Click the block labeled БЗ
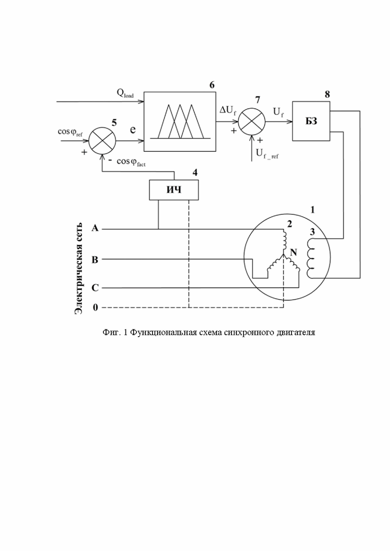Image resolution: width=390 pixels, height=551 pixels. click(311, 121)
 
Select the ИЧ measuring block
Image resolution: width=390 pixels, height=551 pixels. click(173, 190)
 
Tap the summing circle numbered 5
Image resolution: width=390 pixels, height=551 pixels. click(102, 141)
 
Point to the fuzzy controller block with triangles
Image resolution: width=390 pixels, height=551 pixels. click(179, 121)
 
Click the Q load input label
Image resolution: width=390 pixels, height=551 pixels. click(125, 93)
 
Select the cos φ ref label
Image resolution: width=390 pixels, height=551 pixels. click(70, 132)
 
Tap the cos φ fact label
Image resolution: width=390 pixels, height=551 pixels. click(131, 162)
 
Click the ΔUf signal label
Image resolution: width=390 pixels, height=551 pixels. click(228, 111)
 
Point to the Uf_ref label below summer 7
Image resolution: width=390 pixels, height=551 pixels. click(267, 153)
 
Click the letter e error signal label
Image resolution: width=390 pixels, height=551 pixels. click(132, 130)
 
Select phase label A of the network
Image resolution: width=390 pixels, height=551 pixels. click(95, 228)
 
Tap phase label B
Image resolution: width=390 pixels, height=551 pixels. click(94, 260)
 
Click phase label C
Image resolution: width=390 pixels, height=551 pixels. click(95, 288)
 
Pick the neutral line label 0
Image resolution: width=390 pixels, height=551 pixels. click(95, 308)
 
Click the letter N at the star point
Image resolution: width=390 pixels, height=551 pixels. click(293, 252)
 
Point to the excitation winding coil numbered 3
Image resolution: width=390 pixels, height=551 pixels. click(310, 258)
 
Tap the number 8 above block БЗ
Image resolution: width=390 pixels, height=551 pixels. click(327, 94)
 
